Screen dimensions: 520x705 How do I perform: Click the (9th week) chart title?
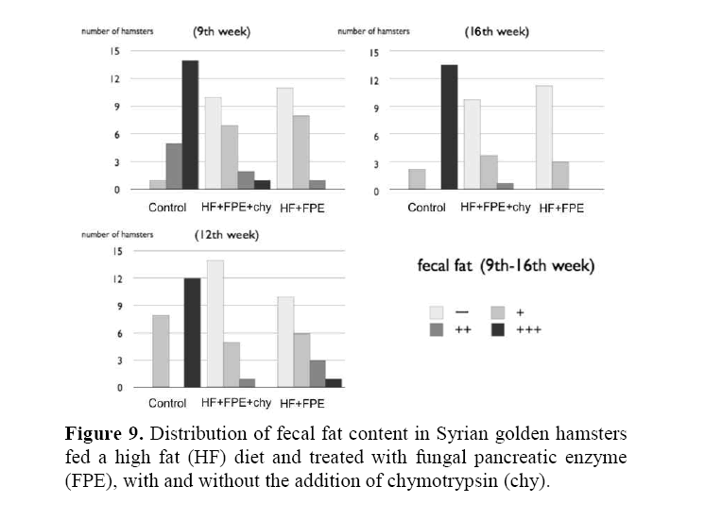[x=221, y=31]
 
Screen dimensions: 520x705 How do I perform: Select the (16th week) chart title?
[x=496, y=31]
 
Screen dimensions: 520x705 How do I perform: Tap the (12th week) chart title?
[x=229, y=233]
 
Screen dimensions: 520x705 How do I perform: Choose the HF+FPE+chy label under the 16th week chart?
[x=494, y=208]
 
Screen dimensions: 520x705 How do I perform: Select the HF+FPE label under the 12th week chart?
[x=301, y=404]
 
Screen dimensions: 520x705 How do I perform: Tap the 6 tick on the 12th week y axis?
[x=117, y=333]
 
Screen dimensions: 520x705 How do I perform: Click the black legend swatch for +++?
[x=497, y=329]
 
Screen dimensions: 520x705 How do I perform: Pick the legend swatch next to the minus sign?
[x=437, y=311]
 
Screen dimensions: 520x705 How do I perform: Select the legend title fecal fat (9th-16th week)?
[x=506, y=266]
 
